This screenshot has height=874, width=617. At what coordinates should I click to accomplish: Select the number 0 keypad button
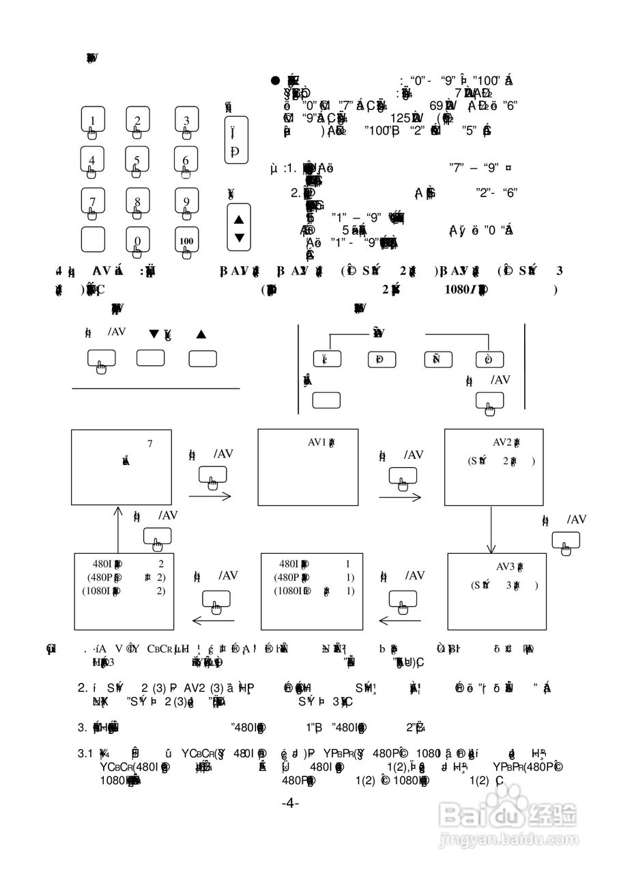137,240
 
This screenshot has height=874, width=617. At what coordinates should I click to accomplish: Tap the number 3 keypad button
186,120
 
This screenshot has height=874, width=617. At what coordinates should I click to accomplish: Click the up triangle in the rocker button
238,220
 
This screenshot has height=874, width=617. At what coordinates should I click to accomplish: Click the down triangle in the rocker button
238,238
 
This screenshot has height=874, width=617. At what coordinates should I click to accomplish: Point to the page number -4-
290,804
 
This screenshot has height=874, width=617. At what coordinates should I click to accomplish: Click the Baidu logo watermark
509,815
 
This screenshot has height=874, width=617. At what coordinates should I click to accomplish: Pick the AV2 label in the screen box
506,442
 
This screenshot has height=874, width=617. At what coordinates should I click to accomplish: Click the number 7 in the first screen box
149,444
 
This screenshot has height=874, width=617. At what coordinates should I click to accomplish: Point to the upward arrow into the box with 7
117,529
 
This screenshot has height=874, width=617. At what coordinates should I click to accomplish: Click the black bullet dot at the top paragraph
276,81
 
